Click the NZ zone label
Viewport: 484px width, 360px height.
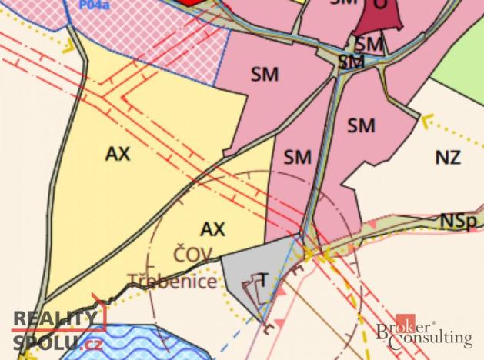pos(448,158)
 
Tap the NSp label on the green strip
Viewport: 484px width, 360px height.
pos(456,221)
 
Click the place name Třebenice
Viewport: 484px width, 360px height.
pos(172,282)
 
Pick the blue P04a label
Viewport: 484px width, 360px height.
pos(93,4)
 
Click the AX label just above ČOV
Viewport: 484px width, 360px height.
pos(212,228)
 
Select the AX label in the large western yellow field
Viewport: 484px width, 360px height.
pos(118,154)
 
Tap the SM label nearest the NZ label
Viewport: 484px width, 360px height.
pos(360,124)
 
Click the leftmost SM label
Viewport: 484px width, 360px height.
pos(264,75)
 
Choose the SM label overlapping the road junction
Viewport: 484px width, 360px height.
pos(351,61)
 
